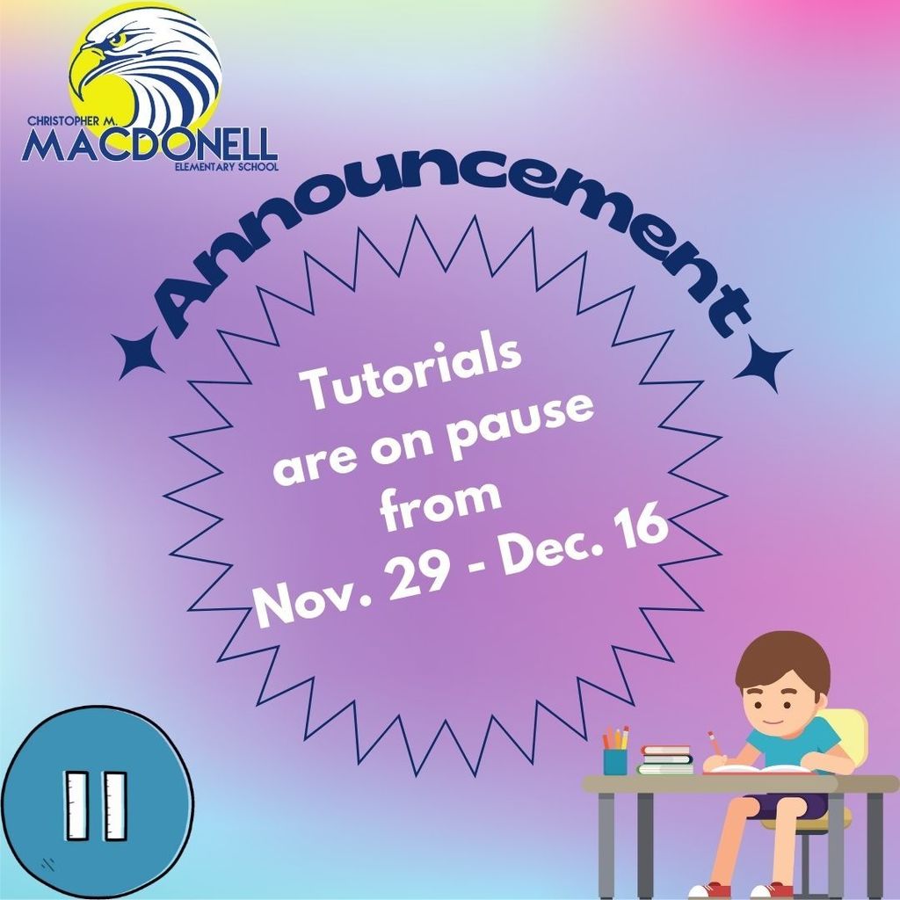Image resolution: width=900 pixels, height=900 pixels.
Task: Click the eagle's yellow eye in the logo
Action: pyautogui.click(x=119, y=39)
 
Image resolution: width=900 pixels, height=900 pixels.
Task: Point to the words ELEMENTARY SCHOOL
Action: pyautogui.click(x=226, y=167)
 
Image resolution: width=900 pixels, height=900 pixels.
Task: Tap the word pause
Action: pyautogui.click(x=521, y=423)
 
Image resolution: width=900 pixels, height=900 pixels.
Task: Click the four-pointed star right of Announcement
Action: pyautogui.click(x=763, y=363)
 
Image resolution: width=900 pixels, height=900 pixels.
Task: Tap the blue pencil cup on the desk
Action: pyautogui.click(x=614, y=760)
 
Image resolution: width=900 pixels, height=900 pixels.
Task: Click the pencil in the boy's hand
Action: pyautogui.click(x=715, y=744)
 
